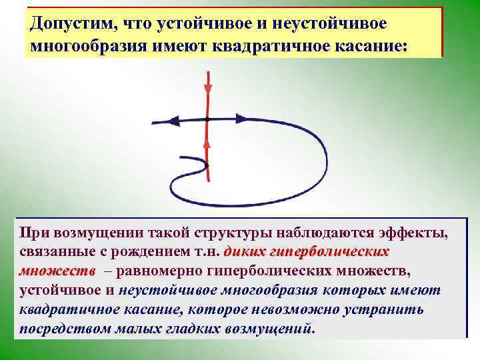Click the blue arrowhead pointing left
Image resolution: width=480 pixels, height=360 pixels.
(x=175, y=121)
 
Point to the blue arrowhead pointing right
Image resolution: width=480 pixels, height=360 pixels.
(x=241, y=119)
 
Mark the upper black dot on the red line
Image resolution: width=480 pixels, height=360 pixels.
(x=208, y=119)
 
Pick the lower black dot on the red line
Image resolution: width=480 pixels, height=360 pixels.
(x=208, y=165)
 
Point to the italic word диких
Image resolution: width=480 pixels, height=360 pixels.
(x=246, y=253)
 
